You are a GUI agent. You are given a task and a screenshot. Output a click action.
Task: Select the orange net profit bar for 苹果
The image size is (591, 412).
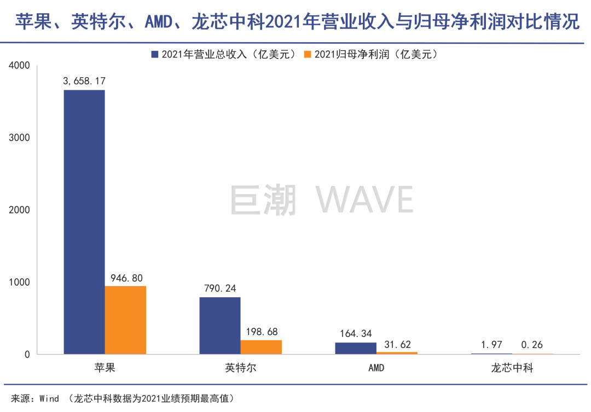[125, 320]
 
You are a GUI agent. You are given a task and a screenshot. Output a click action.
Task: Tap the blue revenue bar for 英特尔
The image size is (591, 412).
[220, 326]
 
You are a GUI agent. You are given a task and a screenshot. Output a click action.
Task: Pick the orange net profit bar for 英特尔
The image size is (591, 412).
[261, 347]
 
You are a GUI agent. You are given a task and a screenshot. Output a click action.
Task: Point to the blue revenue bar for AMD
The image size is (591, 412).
[356, 349]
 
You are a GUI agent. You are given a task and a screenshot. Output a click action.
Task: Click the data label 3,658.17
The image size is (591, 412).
[84, 81]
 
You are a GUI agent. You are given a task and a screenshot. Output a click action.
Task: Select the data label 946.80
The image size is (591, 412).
[125, 278]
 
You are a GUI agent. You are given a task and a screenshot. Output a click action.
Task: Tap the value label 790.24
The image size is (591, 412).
[220, 289]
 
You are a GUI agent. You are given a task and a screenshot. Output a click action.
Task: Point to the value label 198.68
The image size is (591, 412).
[261, 332]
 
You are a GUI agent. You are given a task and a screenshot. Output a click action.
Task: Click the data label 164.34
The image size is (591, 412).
[356, 334]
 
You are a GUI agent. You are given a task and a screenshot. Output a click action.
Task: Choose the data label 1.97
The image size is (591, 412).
[491, 345]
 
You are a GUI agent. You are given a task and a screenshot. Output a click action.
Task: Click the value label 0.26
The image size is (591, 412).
[532, 345]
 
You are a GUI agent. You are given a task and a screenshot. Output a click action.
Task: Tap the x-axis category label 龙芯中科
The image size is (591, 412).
[512, 368]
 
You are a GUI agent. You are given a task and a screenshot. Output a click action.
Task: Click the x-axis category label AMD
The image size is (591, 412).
[376, 368]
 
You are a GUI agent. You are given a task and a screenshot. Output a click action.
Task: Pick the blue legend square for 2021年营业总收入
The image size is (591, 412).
[154, 54]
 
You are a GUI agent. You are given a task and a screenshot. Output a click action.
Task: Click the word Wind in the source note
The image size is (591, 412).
[49, 398]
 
